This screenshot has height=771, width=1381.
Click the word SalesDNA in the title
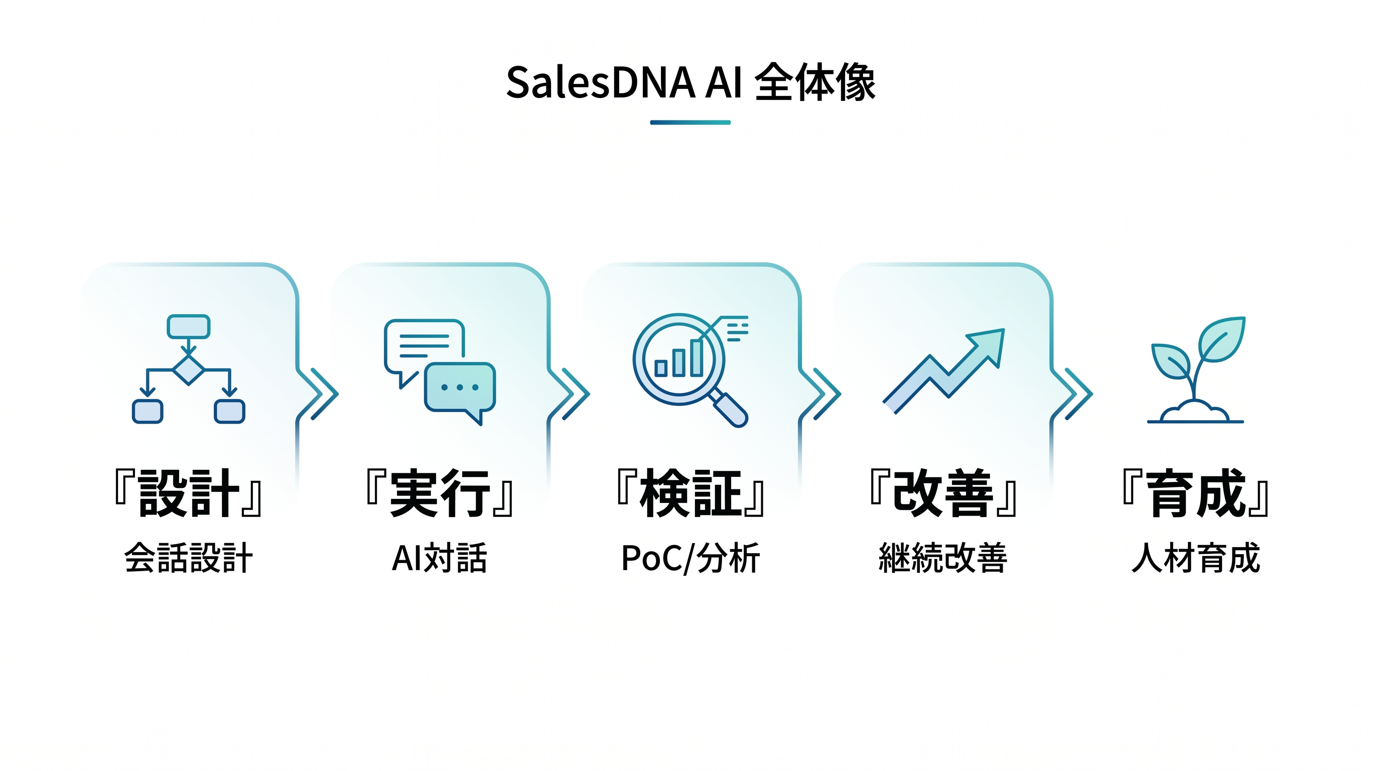click(601, 83)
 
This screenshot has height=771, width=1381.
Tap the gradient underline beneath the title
click(690, 122)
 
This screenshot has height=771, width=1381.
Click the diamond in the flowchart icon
click(188, 369)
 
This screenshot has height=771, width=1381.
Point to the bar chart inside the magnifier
click(678, 359)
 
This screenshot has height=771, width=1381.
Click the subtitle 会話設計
click(188, 558)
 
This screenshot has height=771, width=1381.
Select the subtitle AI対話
click(440, 558)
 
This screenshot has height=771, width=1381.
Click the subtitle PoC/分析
click(690, 558)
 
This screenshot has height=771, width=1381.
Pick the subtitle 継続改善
click(942, 558)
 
